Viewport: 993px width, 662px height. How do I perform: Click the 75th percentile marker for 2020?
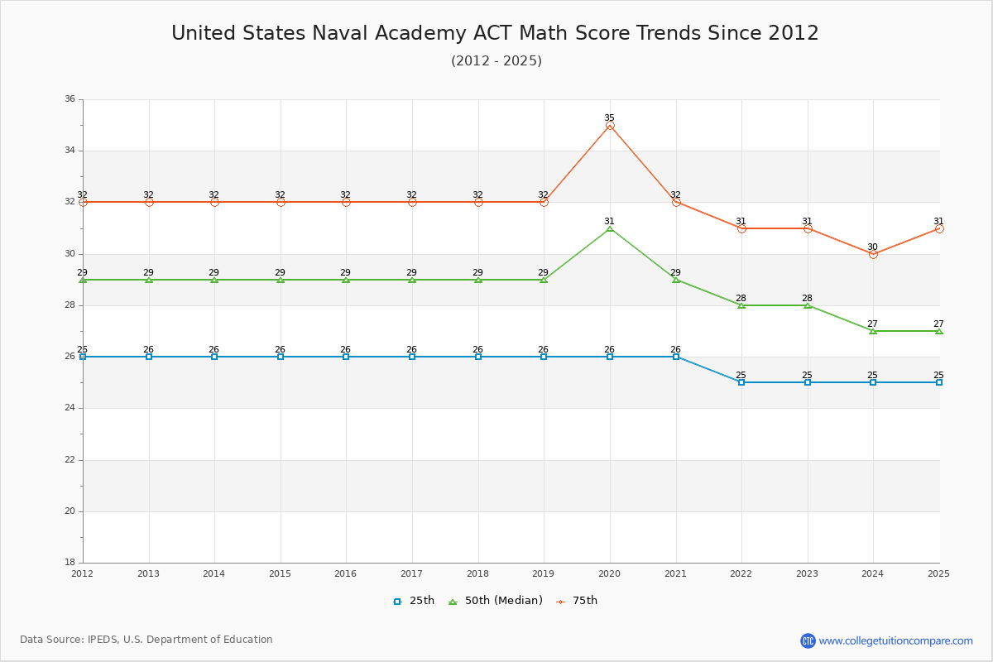[610, 125]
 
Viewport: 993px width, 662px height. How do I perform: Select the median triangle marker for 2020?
[610, 228]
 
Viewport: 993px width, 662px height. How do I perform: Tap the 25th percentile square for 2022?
[741, 382]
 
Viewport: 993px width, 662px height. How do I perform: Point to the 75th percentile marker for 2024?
[873, 254]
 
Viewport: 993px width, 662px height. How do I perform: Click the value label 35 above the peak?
[610, 118]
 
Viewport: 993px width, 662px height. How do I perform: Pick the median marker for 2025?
[939, 331]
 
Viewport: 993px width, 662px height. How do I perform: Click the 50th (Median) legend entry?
[496, 601]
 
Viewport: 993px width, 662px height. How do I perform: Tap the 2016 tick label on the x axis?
[346, 573]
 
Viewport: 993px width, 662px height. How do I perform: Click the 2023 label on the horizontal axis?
[808, 573]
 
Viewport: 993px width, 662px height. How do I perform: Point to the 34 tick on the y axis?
[70, 151]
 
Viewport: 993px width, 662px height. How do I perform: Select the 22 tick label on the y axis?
[70, 460]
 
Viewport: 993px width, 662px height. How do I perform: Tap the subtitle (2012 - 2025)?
[496, 60]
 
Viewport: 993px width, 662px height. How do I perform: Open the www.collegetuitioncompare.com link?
[895, 640]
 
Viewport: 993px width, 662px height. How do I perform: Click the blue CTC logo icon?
[808, 640]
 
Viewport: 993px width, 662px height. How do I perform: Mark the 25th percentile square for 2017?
[412, 357]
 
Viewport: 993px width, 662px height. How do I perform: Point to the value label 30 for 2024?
[873, 247]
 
